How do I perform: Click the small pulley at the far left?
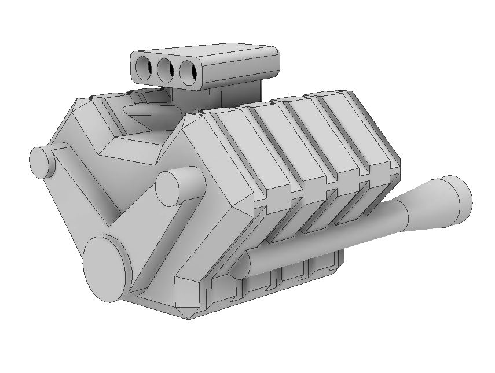pos(41,162)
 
